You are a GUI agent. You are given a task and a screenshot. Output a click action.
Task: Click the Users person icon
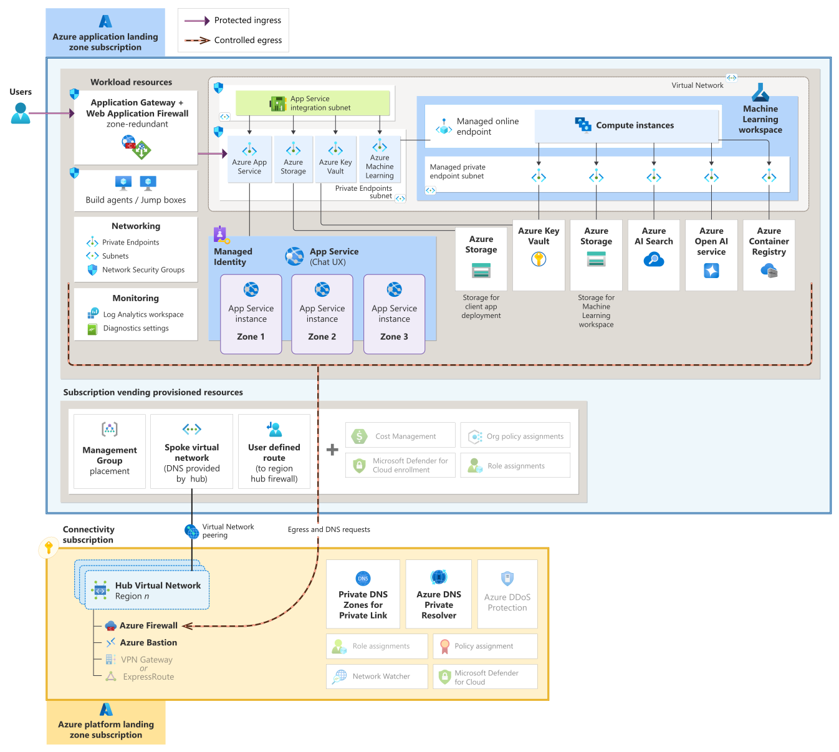click(x=21, y=113)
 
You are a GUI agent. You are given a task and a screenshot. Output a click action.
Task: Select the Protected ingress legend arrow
click(x=197, y=21)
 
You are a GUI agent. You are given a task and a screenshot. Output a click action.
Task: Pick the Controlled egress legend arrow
click(x=197, y=41)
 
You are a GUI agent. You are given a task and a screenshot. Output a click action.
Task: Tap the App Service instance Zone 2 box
click(x=322, y=314)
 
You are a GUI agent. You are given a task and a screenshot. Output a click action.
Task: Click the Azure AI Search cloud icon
click(x=653, y=259)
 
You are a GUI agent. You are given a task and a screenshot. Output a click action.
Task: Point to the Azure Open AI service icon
click(x=711, y=270)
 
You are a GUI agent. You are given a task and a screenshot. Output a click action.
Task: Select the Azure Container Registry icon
click(x=769, y=270)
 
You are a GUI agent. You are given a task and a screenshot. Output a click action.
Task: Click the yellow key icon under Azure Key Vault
click(x=539, y=259)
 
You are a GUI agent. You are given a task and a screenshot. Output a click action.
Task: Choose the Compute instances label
click(x=635, y=125)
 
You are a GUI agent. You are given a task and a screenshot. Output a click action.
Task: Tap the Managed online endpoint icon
click(x=443, y=127)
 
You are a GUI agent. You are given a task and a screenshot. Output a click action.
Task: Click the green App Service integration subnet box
click(x=312, y=103)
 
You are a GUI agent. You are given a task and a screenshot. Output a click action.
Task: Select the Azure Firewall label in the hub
click(x=148, y=625)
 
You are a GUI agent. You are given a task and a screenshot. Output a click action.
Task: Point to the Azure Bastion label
click(x=148, y=642)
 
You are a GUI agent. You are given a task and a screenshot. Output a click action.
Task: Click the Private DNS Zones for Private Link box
click(x=363, y=594)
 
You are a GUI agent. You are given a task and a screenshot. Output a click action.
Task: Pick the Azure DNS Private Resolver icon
click(x=439, y=577)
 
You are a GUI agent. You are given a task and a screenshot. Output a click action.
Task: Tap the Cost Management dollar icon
click(x=359, y=436)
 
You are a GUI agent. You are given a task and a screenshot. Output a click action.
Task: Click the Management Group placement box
click(x=110, y=451)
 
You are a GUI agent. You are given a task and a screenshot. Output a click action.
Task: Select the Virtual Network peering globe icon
click(x=191, y=531)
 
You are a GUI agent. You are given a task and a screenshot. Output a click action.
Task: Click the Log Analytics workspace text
click(x=143, y=315)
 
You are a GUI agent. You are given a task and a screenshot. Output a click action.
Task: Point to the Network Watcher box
click(x=376, y=676)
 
